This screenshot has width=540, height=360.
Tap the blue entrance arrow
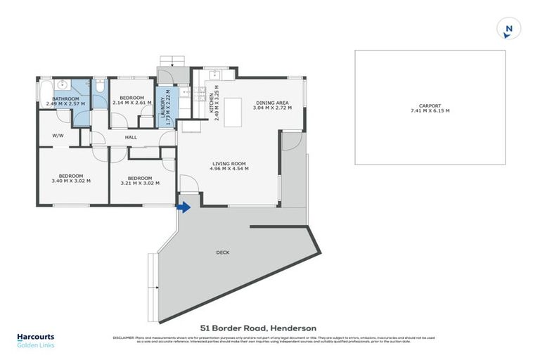pos(184,207)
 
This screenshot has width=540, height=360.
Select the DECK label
pos(223,252)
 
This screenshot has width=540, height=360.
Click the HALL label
pos(131,137)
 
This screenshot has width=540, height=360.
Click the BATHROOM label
pos(65,98)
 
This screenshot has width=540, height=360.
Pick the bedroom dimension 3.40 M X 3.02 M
pos(71,181)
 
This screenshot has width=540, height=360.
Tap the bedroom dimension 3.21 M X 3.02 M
pos(140,183)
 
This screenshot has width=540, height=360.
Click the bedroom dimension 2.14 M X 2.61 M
pos(131,103)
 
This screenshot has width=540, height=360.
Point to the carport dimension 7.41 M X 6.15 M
pos(430,110)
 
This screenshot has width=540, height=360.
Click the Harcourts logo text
pos(35,337)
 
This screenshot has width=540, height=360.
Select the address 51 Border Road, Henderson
pos(258,328)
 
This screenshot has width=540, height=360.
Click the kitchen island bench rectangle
pos(233,112)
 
